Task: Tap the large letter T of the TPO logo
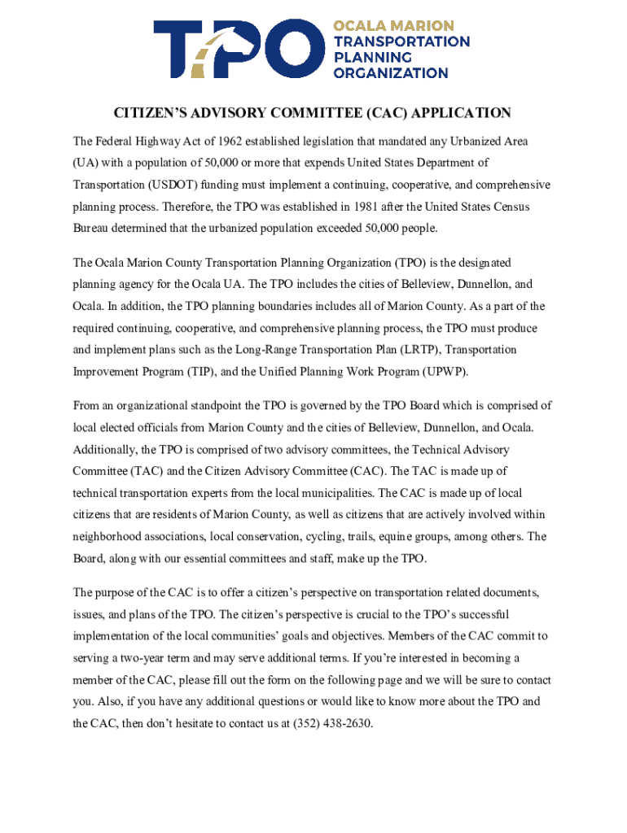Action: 182,49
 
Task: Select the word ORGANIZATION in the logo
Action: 391,72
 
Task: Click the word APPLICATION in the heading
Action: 463,113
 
